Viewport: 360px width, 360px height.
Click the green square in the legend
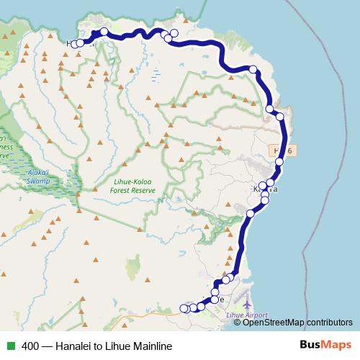[x=11, y=346]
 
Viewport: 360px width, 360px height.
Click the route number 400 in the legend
[x=31, y=346]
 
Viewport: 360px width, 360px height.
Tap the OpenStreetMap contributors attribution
[x=297, y=323]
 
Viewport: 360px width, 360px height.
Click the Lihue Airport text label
[x=246, y=315]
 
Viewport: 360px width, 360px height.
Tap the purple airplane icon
[x=249, y=297]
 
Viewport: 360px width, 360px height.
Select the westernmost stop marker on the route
[x=74, y=44]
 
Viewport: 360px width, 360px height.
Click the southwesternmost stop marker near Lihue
[x=183, y=308]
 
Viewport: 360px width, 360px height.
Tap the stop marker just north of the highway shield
[x=280, y=116]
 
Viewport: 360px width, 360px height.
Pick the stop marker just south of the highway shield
[x=279, y=161]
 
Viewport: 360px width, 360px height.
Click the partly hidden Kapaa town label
[x=262, y=189]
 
